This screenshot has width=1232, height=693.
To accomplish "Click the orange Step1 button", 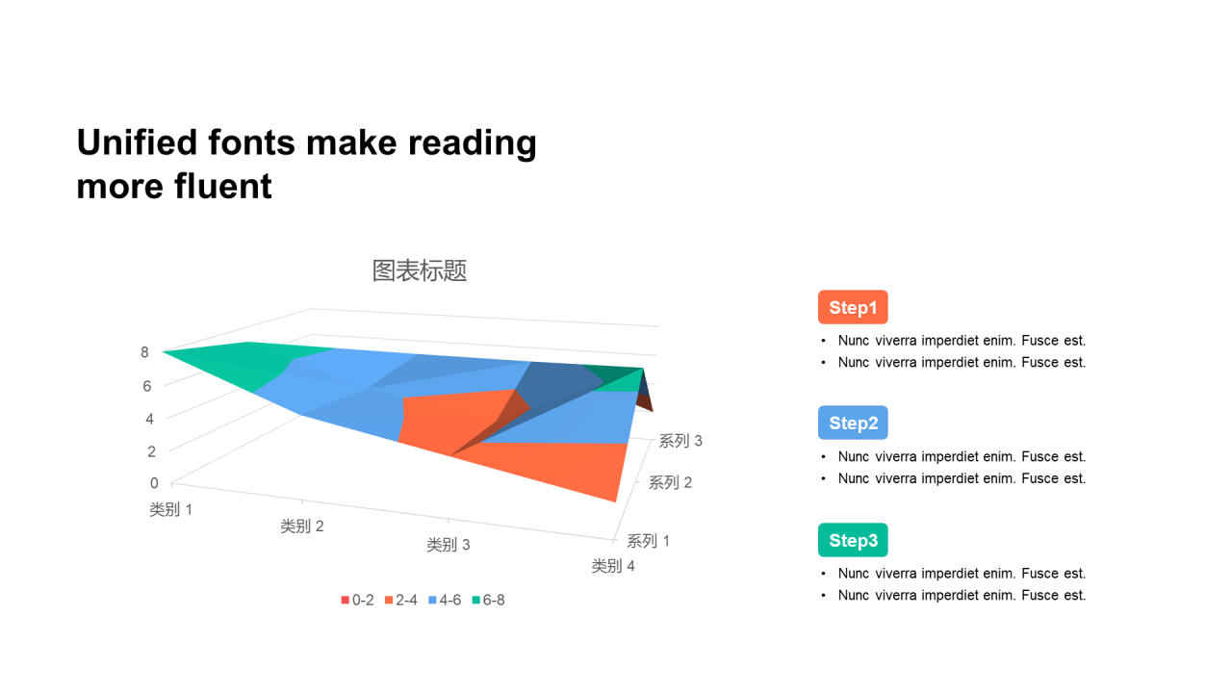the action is click(853, 307).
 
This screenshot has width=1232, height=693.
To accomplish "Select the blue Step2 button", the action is click(853, 423).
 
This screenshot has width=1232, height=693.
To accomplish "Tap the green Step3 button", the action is click(853, 540).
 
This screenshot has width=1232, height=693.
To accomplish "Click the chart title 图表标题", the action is click(420, 270).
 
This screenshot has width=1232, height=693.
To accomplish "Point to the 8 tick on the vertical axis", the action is click(144, 352).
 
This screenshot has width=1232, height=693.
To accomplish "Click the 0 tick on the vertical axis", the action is click(154, 483).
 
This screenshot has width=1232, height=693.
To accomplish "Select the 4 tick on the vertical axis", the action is click(149, 419).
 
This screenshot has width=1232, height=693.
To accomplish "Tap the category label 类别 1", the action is click(171, 509).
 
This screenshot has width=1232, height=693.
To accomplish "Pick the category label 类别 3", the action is click(449, 545).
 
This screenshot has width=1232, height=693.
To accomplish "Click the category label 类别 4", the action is click(613, 565).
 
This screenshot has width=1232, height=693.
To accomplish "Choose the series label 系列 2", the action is click(670, 482).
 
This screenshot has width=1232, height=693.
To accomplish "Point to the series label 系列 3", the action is click(680, 441).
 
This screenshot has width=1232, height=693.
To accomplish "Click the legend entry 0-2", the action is click(357, 600).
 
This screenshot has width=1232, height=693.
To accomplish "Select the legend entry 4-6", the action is click(445, 600).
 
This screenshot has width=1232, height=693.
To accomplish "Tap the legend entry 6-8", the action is click(488, 600).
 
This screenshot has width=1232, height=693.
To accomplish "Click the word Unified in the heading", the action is click(137, 142).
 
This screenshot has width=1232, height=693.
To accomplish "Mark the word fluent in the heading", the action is click(223, 186).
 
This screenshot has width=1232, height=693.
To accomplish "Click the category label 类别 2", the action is click(302, 526).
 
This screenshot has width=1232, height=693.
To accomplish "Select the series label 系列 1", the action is click(649, 541).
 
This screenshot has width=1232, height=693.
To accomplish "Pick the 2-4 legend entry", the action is click(401, 600).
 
